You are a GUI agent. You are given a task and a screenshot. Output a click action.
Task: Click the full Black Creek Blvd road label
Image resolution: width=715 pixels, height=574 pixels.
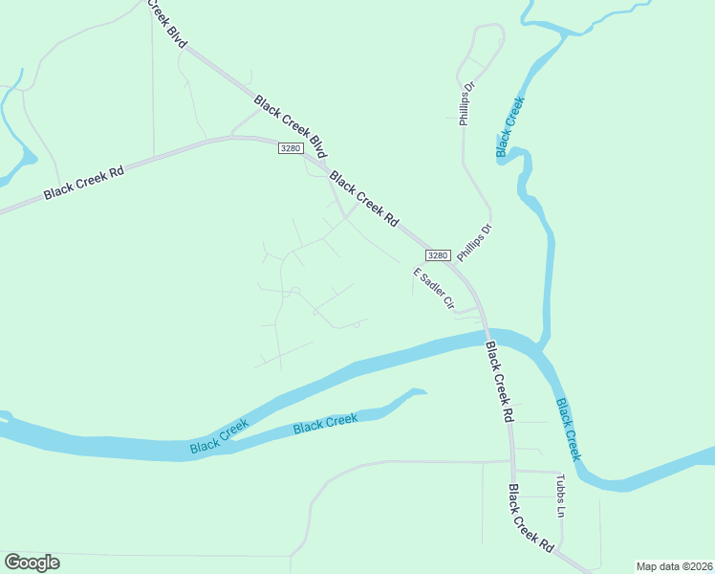click(291, 127)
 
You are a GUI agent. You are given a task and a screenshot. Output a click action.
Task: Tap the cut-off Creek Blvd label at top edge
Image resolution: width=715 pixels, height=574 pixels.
click(163, 21)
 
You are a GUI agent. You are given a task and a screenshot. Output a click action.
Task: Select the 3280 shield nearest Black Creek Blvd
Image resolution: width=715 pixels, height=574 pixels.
click(292, 148)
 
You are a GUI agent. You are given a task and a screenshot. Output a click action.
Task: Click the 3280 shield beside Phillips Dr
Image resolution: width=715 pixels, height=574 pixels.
click(438, 255)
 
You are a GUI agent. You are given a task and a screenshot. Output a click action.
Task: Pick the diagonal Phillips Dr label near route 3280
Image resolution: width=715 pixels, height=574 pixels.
click(473, 243)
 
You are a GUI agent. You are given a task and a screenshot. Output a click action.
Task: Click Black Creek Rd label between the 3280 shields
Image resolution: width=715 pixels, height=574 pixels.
click(363, 199)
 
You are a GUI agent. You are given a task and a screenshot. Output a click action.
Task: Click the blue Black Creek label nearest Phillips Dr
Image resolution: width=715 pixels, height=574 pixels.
click(510, 126)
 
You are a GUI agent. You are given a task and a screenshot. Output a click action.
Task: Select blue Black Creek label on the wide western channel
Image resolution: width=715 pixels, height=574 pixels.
click(219, 437)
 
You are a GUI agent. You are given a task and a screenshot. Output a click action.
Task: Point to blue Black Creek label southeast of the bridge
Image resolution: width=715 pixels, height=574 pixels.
click(568, 430)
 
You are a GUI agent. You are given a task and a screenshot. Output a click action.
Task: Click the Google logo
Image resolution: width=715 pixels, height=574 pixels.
click(32, 563)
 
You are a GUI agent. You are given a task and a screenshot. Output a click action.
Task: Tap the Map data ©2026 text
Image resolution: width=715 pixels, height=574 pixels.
click(673, 566)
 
